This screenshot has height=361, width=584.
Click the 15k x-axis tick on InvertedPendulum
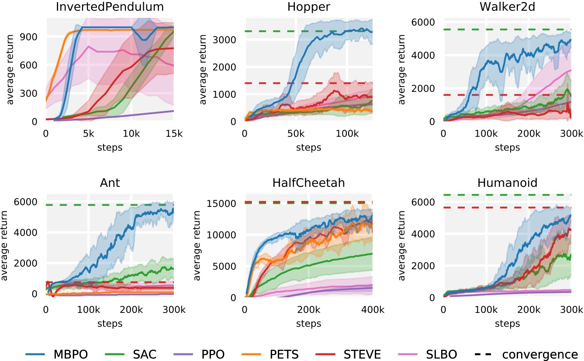(x=173, y=135)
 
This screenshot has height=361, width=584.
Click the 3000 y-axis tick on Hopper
(x=228, y=40)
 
